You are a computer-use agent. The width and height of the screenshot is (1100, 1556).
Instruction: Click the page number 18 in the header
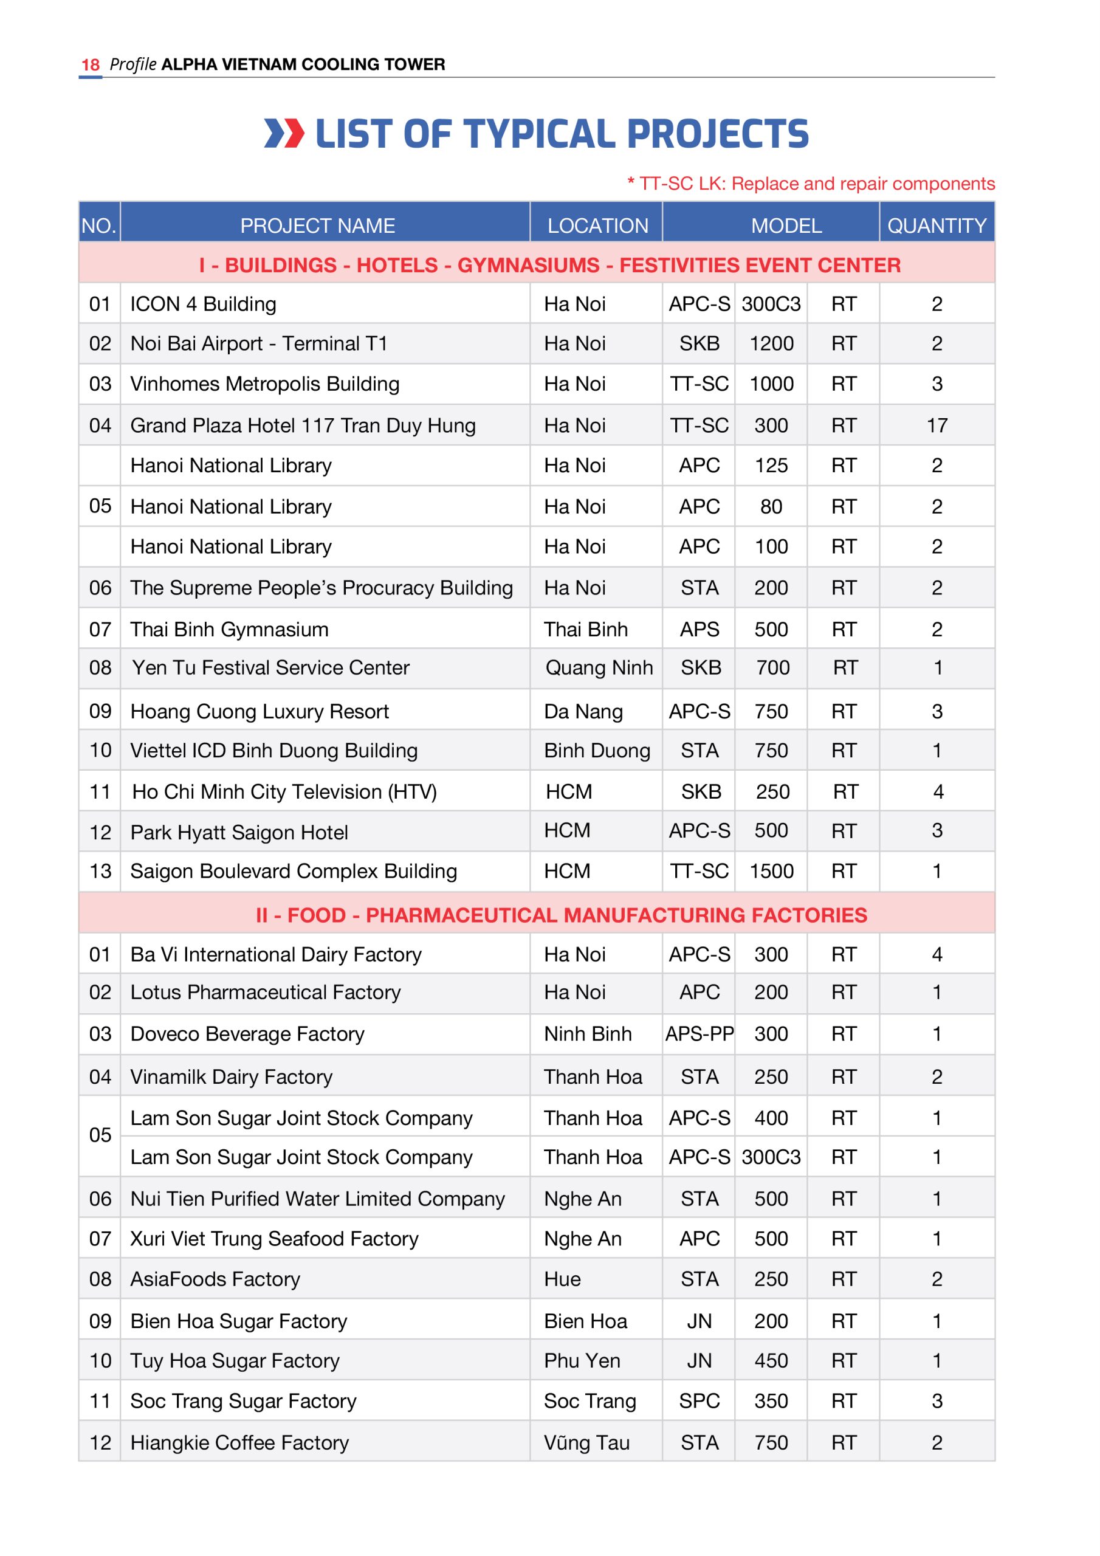click(90, 64)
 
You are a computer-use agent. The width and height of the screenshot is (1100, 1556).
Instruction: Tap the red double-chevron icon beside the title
click(284, 133)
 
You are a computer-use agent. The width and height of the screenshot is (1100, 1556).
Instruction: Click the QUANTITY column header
click(937, 225)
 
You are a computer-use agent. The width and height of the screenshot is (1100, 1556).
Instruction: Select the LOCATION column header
click(598, 225)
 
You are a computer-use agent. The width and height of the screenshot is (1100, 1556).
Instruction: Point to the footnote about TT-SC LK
click(811, 184)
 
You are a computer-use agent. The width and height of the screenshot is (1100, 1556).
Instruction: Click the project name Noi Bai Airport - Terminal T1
click(258, 343)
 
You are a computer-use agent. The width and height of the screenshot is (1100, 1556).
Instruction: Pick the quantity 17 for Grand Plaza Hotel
click(937, 425)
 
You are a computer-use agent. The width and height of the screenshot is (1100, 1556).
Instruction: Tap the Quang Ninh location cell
click(599, 668)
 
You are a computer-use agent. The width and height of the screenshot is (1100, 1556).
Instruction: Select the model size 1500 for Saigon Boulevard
click(771, 872)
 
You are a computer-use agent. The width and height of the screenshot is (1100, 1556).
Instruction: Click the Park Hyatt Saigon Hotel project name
click(239, 832)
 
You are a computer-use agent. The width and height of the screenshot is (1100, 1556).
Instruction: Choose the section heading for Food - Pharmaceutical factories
click(561, 915)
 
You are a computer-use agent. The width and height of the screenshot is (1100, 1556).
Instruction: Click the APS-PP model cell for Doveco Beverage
click(700, 1034)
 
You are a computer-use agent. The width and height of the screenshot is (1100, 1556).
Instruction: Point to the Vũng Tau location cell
click(586, 1443)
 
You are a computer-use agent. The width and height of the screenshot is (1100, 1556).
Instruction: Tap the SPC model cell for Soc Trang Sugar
click(700, 1401)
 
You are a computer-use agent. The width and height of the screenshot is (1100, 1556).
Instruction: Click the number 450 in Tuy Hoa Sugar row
click(771, 1361)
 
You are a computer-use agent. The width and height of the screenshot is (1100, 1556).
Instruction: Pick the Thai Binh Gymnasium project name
click(229, 630)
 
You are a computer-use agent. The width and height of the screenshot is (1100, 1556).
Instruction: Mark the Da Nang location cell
click(583, 712)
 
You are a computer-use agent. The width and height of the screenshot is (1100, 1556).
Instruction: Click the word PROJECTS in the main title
click(718, 134)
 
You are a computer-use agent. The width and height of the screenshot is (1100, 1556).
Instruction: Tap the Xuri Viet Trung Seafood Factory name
click(274, 1239)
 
